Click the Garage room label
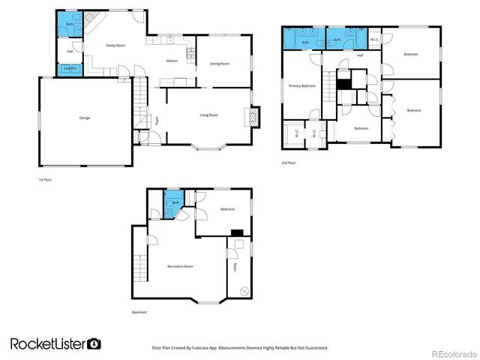(x=85, y=118)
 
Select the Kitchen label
(x=171, y=61)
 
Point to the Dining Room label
(x=220, y=64)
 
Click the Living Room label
(x=208, y=115)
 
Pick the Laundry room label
(x=70, y=69)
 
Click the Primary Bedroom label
(x=301, y=86)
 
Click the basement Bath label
(x=175, y=202)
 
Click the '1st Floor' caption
(x=46, y=180)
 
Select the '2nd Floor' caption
(x=289, y=163)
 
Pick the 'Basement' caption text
(x=139, y=312)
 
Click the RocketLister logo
(x=55, y=343)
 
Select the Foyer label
(x=157, y=121)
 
